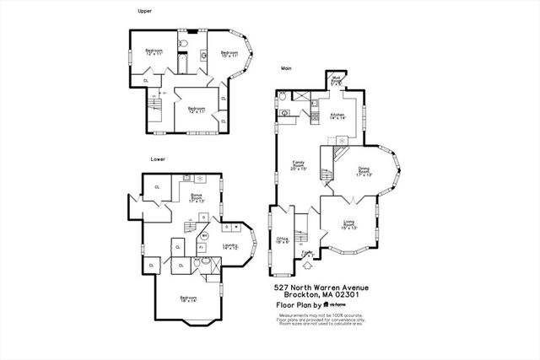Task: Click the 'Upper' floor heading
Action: (x=144, y=10)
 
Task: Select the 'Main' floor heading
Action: (x=288, y=70)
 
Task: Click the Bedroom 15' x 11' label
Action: (x=230, y=54)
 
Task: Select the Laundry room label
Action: (x=230, y=246)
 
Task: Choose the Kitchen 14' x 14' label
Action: (x=338, y=116)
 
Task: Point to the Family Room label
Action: (x=298, y=166)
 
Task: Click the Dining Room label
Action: (x=364, y=173)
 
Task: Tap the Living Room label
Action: (x=348, y=225)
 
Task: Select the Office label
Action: (x=282, y=239)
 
